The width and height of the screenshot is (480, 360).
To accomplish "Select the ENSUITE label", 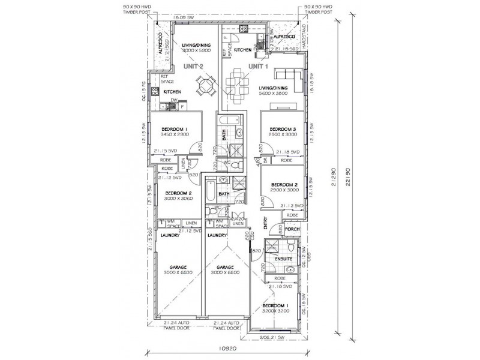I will pos(283,259).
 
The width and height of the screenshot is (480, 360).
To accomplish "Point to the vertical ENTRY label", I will pos(265,223).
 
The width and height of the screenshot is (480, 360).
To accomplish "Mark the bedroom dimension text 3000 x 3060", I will pos(178,199).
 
